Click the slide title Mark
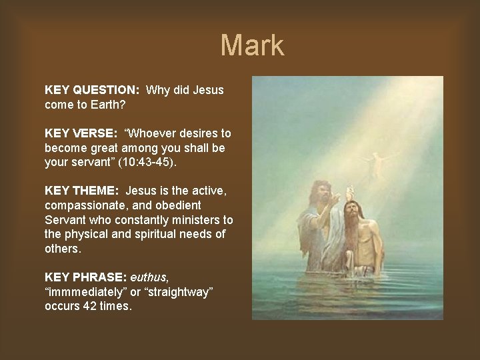click(x=252, y=45)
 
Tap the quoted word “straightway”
click(x=176, y=291)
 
